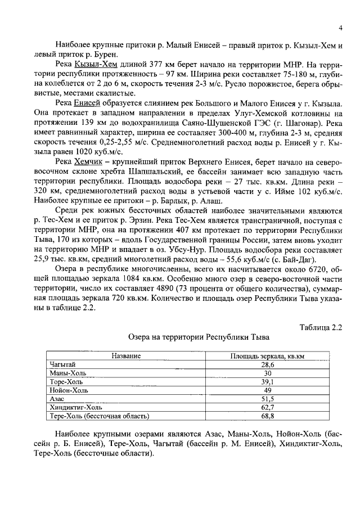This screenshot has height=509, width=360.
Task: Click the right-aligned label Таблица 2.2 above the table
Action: tap(321, 326)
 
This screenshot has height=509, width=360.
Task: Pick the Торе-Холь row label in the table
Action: tap(66, 381)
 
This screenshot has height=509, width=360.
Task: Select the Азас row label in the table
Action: tap(57, 398)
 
